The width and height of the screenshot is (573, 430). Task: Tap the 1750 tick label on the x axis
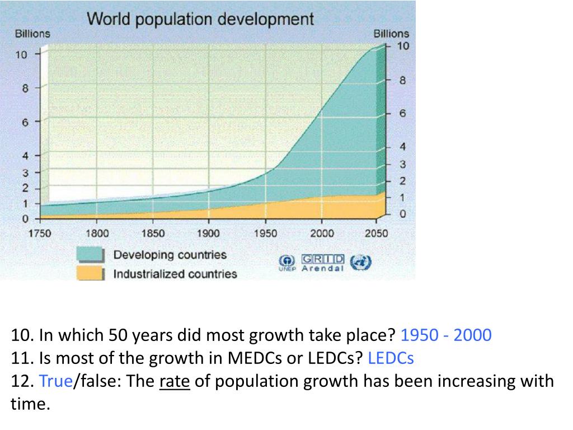click(x=40, y=233)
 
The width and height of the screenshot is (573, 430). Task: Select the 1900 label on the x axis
click(x=208, y=233)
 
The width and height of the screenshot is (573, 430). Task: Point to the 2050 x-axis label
click(x=376, y=233)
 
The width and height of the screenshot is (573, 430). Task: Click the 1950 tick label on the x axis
click(x=266, y=233)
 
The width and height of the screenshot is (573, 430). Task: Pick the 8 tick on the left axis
click(x=25, y=88)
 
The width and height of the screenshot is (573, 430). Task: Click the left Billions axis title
click(x=32, y=34)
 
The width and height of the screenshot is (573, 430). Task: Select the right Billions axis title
click(x=391, y=34)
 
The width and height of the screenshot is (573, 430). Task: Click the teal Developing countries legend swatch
click(x=90, y=255)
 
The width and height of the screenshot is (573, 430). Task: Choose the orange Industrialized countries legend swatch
click(x=90, y=274)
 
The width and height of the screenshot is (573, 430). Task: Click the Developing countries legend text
click(x=170, y=255)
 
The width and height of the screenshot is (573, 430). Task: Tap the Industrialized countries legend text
click(x=175, y=274)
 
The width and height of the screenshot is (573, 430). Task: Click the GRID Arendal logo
click(x=323, y=263)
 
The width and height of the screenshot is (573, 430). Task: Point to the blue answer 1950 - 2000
click(x=446, y=335)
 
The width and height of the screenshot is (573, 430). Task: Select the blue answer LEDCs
click(x=391, y=358)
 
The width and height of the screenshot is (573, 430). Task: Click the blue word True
click(x=56, y=381)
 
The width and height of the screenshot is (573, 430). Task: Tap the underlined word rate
click(x=175, y=381)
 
